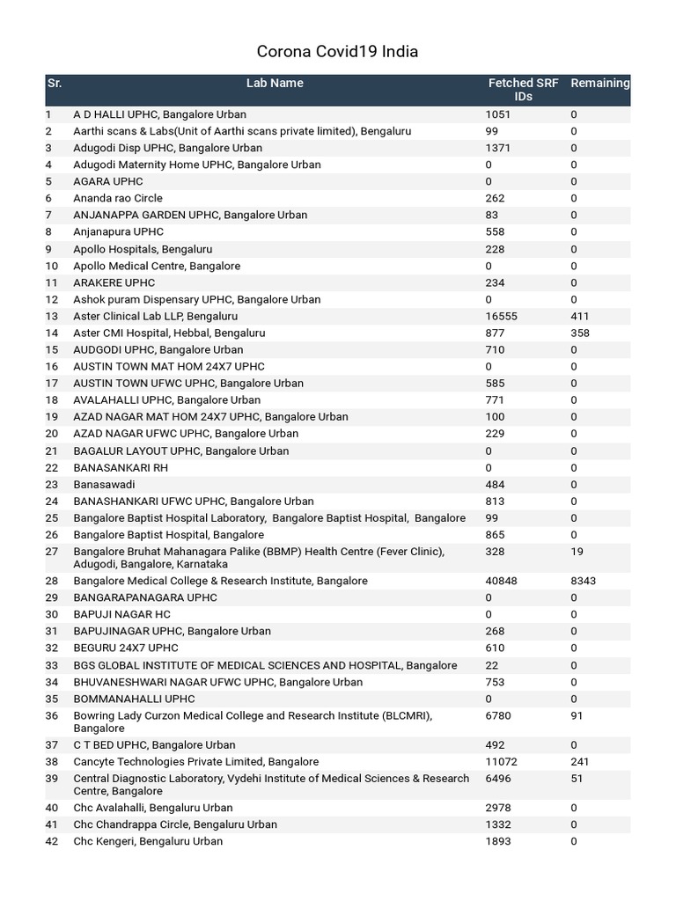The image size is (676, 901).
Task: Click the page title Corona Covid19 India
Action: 337,52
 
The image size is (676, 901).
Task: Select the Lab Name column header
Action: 275,84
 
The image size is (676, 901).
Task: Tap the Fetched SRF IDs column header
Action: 523,90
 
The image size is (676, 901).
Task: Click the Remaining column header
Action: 600,84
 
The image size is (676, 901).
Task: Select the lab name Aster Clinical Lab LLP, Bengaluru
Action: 155,316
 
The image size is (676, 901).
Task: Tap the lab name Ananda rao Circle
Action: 118,199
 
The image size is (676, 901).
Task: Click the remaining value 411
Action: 579,316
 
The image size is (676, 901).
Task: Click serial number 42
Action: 52,841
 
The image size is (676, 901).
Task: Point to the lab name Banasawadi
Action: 104,485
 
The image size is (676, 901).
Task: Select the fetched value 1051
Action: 497,114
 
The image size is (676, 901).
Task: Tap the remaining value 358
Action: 579,333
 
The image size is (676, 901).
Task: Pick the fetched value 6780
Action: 497,715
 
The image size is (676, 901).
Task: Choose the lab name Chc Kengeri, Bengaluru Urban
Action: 148,841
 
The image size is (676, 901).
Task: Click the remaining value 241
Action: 579,762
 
